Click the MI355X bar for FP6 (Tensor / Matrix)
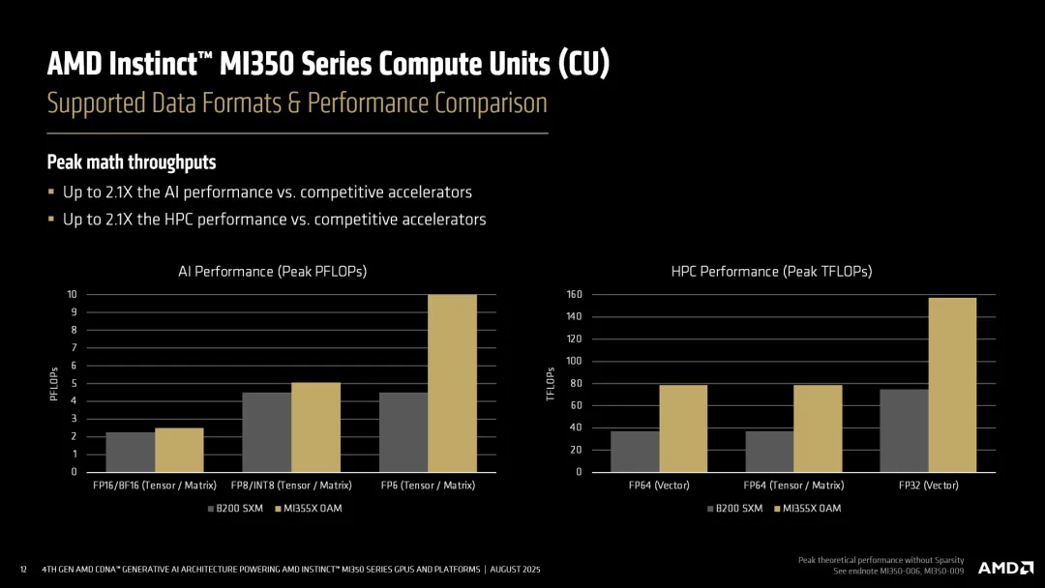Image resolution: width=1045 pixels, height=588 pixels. tap(452, 383)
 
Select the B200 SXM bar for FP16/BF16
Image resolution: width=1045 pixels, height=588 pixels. tap(130, 452)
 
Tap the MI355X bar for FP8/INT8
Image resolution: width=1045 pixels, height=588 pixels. tap(315, 426)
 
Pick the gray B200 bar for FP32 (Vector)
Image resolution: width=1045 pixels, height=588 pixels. tap(904, 430)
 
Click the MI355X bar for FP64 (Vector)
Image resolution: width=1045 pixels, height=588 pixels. tap(683, 428)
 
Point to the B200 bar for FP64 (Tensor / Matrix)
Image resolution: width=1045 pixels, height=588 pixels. tap(769, 451)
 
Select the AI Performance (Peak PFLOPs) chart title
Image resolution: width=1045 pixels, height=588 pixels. tap(273, 272)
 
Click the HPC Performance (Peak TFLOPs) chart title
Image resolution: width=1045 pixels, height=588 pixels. tap(771, 272)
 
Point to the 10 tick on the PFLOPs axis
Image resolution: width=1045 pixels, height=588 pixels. tap(72, 295)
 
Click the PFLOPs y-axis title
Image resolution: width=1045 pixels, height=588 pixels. tap(54, 383)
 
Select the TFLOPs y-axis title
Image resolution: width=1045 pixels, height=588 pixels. tap(551, 383)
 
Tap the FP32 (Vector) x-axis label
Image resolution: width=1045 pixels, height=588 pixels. tap(928, 485)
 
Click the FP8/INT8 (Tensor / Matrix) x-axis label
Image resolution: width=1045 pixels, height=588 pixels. tap(291, 485)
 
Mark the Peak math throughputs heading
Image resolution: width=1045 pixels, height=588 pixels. tap(132, 162)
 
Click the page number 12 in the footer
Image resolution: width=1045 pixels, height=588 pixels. tap(23, 570)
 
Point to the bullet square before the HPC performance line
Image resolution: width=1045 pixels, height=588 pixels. tap(51, 220)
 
